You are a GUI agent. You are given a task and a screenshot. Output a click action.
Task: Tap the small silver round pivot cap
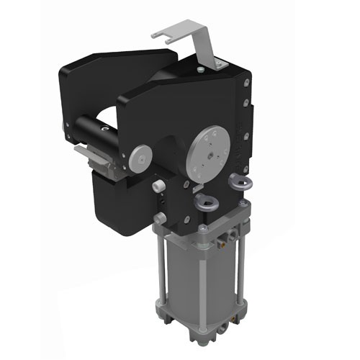coord(141,155)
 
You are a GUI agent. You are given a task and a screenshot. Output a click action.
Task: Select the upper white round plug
coord(157,186)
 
